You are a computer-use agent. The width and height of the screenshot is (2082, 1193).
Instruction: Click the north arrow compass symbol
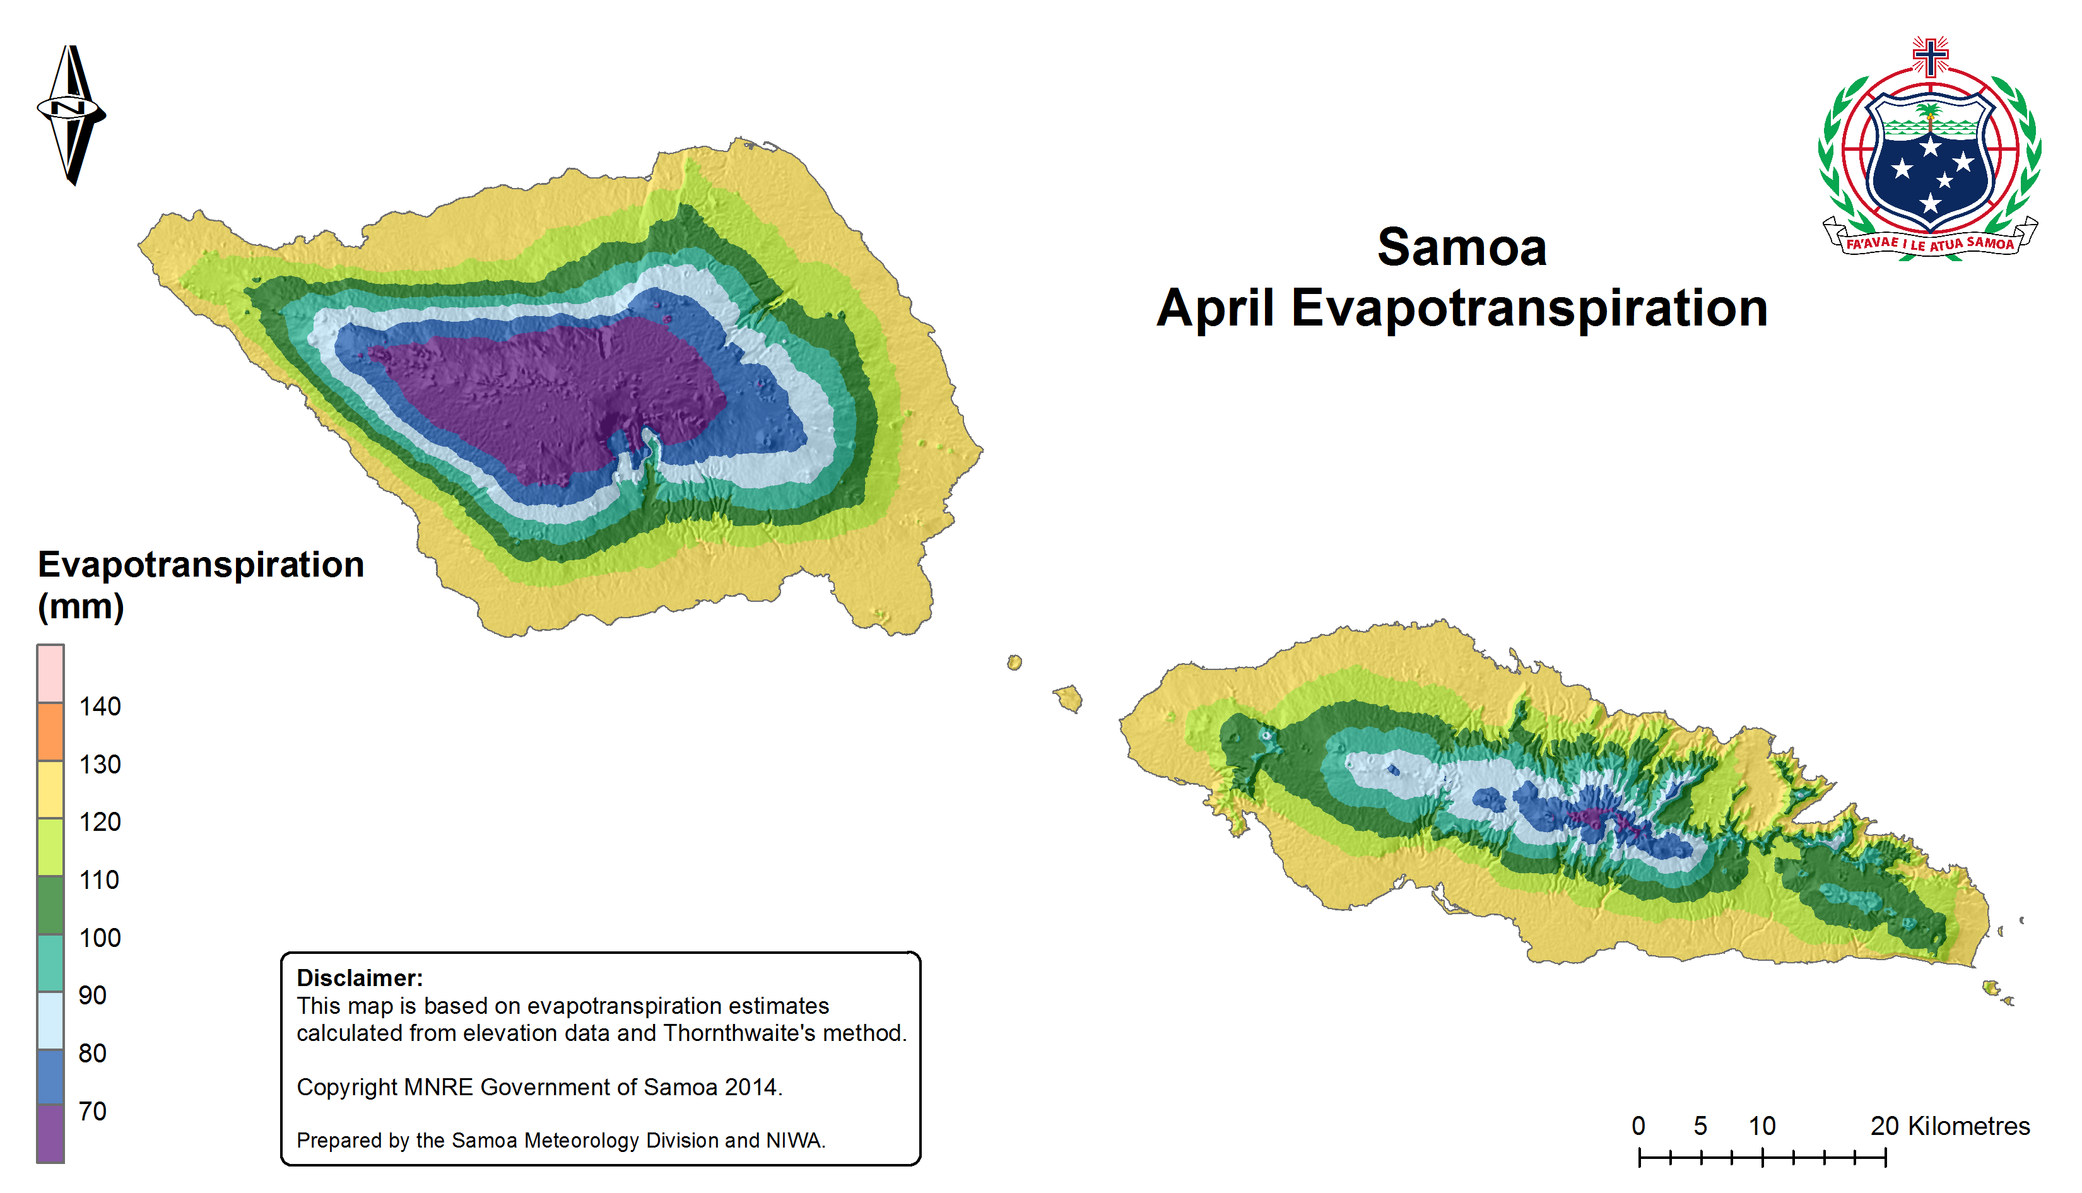pos(71,115)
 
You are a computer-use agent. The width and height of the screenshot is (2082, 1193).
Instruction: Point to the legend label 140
pos(99,707)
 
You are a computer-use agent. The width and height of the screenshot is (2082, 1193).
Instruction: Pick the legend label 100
pos(99,937)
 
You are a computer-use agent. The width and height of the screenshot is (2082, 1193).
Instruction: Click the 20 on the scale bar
pos(1885,1126)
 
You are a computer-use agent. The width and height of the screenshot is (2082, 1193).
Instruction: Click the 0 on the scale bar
pos(1638,1126)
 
